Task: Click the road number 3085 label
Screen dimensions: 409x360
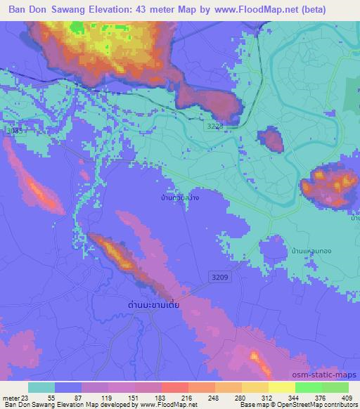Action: click(x=13, y=131)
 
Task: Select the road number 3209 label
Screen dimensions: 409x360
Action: click(x=219, y=278)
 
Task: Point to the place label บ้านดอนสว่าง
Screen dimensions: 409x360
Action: click(x=179, y=198)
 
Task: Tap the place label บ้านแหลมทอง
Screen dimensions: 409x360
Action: click(x=309, y=250)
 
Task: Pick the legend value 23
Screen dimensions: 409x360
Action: click(x=27, y=397)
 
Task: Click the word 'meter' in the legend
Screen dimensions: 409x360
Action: click(x=10, y=397)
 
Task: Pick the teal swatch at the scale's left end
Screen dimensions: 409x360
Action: click(x=41, y=387)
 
